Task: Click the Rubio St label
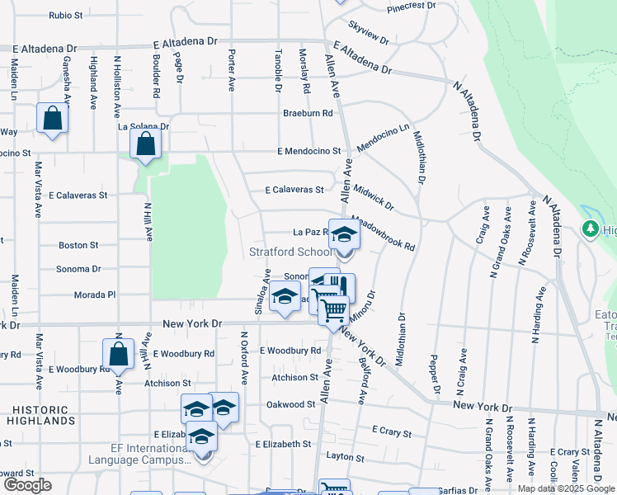[x=66, y=15]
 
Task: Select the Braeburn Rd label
[x=308, y=113]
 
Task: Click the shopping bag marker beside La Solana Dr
[x=145, y=144]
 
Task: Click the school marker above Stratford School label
[x=344, y=234]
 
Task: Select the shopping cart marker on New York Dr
[x=333, y=310]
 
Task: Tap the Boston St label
[x=78, y=245]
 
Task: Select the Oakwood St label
[x=290, y=404]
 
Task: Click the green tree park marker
[x=591, y=228]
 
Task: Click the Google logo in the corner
[x=27, y=484]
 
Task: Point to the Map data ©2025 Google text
[x=566, y=488]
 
